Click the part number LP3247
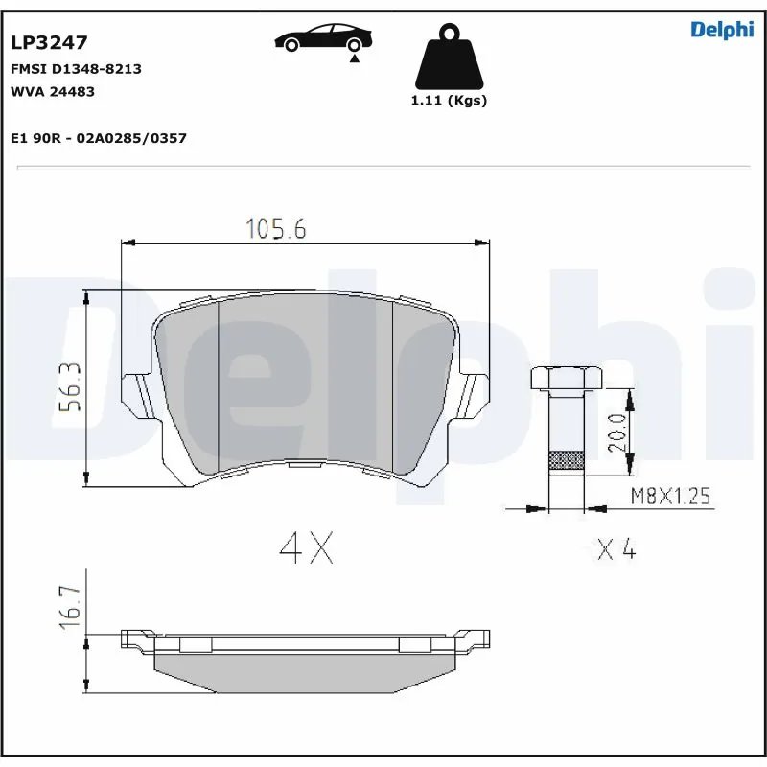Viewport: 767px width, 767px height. coord(49,42)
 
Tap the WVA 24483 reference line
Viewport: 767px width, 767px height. coord(52,91)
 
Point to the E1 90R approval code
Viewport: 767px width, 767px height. coord(98,138)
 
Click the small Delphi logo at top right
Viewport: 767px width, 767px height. coord(722,30)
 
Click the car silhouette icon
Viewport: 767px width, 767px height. coord(323,38)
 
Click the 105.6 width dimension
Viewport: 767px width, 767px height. coord(275,228)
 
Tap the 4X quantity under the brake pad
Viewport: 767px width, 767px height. coord(306,547)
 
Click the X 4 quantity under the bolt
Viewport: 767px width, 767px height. coord(616,549)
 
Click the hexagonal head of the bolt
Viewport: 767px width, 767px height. coord(565,378)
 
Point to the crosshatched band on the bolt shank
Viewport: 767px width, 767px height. coord(565,461)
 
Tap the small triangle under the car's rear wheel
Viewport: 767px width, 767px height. coord(355,58)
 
